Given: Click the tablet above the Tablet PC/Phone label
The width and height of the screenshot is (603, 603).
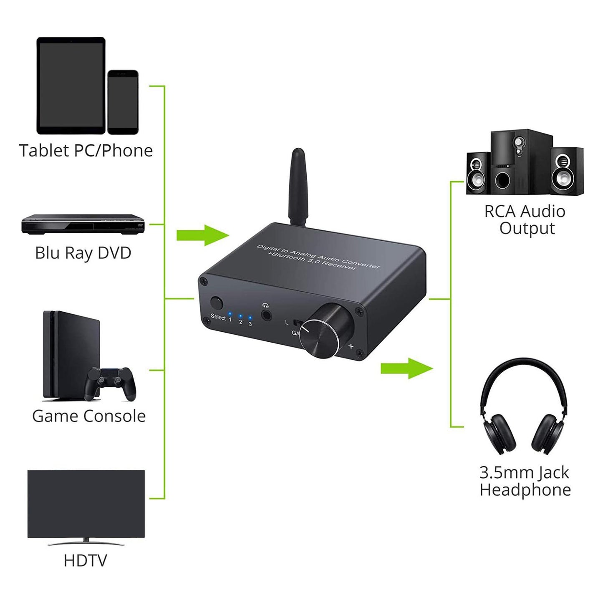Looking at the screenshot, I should click(x=71, y=86).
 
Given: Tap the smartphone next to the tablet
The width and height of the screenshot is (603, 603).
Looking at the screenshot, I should click(x=123, y=102).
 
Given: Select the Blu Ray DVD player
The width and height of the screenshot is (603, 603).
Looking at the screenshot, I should click(x=83, y=224).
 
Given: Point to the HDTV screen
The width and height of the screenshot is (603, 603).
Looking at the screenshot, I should click(x=86, y=504).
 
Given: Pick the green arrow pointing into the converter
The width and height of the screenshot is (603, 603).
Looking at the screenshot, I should click(x=203, y=235).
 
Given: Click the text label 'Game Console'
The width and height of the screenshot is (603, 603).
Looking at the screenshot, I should click(x=89, y=416).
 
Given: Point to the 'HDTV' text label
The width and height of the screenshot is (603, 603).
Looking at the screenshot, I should click(x=86, y=560).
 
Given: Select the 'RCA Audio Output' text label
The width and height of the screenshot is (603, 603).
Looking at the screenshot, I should click(x=525, y=220).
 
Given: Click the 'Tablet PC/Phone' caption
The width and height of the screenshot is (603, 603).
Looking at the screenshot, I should click(x=86, y=151).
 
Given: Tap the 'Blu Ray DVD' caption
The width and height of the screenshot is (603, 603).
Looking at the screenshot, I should click(x=83, y=253).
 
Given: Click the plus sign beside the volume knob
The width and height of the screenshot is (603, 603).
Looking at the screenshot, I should click(x=351, y=346).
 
